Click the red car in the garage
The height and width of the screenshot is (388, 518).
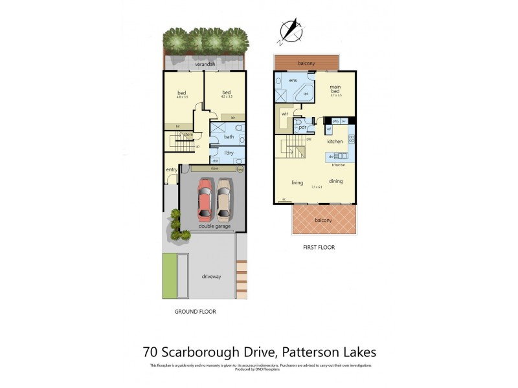click(205, 200)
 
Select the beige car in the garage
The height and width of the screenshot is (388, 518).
click(224, 200)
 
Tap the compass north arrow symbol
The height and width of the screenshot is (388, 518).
click(290, 31)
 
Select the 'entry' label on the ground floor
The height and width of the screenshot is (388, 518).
click(172, 169)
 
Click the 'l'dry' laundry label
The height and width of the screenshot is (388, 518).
click(229, 152)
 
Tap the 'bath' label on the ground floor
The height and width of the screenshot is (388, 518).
click(229, 136)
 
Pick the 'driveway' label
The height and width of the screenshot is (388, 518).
click(211, 276)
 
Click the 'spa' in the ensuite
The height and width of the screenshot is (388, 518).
click(305, 94)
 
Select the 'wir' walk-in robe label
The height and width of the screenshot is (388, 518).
click(284, 114)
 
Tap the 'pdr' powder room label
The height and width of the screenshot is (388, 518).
click(302, 127)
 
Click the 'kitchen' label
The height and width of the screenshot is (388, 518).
click(334, 141)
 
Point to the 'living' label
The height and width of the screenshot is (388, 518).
click(297, 182)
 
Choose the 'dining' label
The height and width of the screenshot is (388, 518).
click(335, 181)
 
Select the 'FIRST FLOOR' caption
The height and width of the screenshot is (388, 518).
click(319, 247)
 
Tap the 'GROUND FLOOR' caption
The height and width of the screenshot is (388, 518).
click(195, 311)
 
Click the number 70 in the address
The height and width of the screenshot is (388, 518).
click(151, 352)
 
